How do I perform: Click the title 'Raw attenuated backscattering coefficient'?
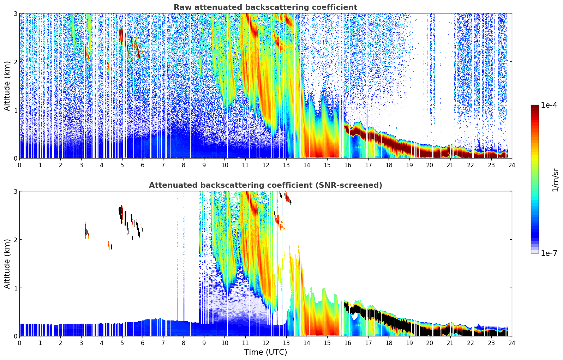pyautogui.click(x=265, y=7)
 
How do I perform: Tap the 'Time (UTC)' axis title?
pyautogui.click(x=265, y=352)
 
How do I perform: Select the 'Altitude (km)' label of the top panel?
pyautogui.click(x=7, y=86)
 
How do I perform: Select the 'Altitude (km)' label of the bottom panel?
pyautogui.click(x=7, y=264)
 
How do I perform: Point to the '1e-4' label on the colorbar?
pyautogui.click(x=549, y=105)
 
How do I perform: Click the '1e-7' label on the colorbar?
pyautogui.click(x=549, y=253)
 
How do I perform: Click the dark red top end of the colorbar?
pyautogui.click(x=535, y=107)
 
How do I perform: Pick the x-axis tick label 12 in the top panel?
pyautogui.click(x=265, y=165)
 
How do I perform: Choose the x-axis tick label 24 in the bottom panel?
pyautogui.click(x=511, y=343)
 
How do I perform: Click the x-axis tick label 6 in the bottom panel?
pyautogui.click(x=143, y=343)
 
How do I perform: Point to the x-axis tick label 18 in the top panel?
pyautogui.click(x=389, y=165)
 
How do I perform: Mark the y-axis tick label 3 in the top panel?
pyautogui.click(x=15, y=13)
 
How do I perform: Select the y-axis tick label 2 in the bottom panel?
pyautogui.click(x=15, y=240)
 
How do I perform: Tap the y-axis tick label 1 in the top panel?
pyautogui.click(x=15, y=110)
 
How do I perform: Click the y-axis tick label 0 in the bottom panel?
pyautogui.click(x=15, y=336)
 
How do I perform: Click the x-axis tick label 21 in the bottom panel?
pyautogui.click(x=450, y=343)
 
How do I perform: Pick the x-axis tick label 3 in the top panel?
pyautogui.click(x=81, y=165)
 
